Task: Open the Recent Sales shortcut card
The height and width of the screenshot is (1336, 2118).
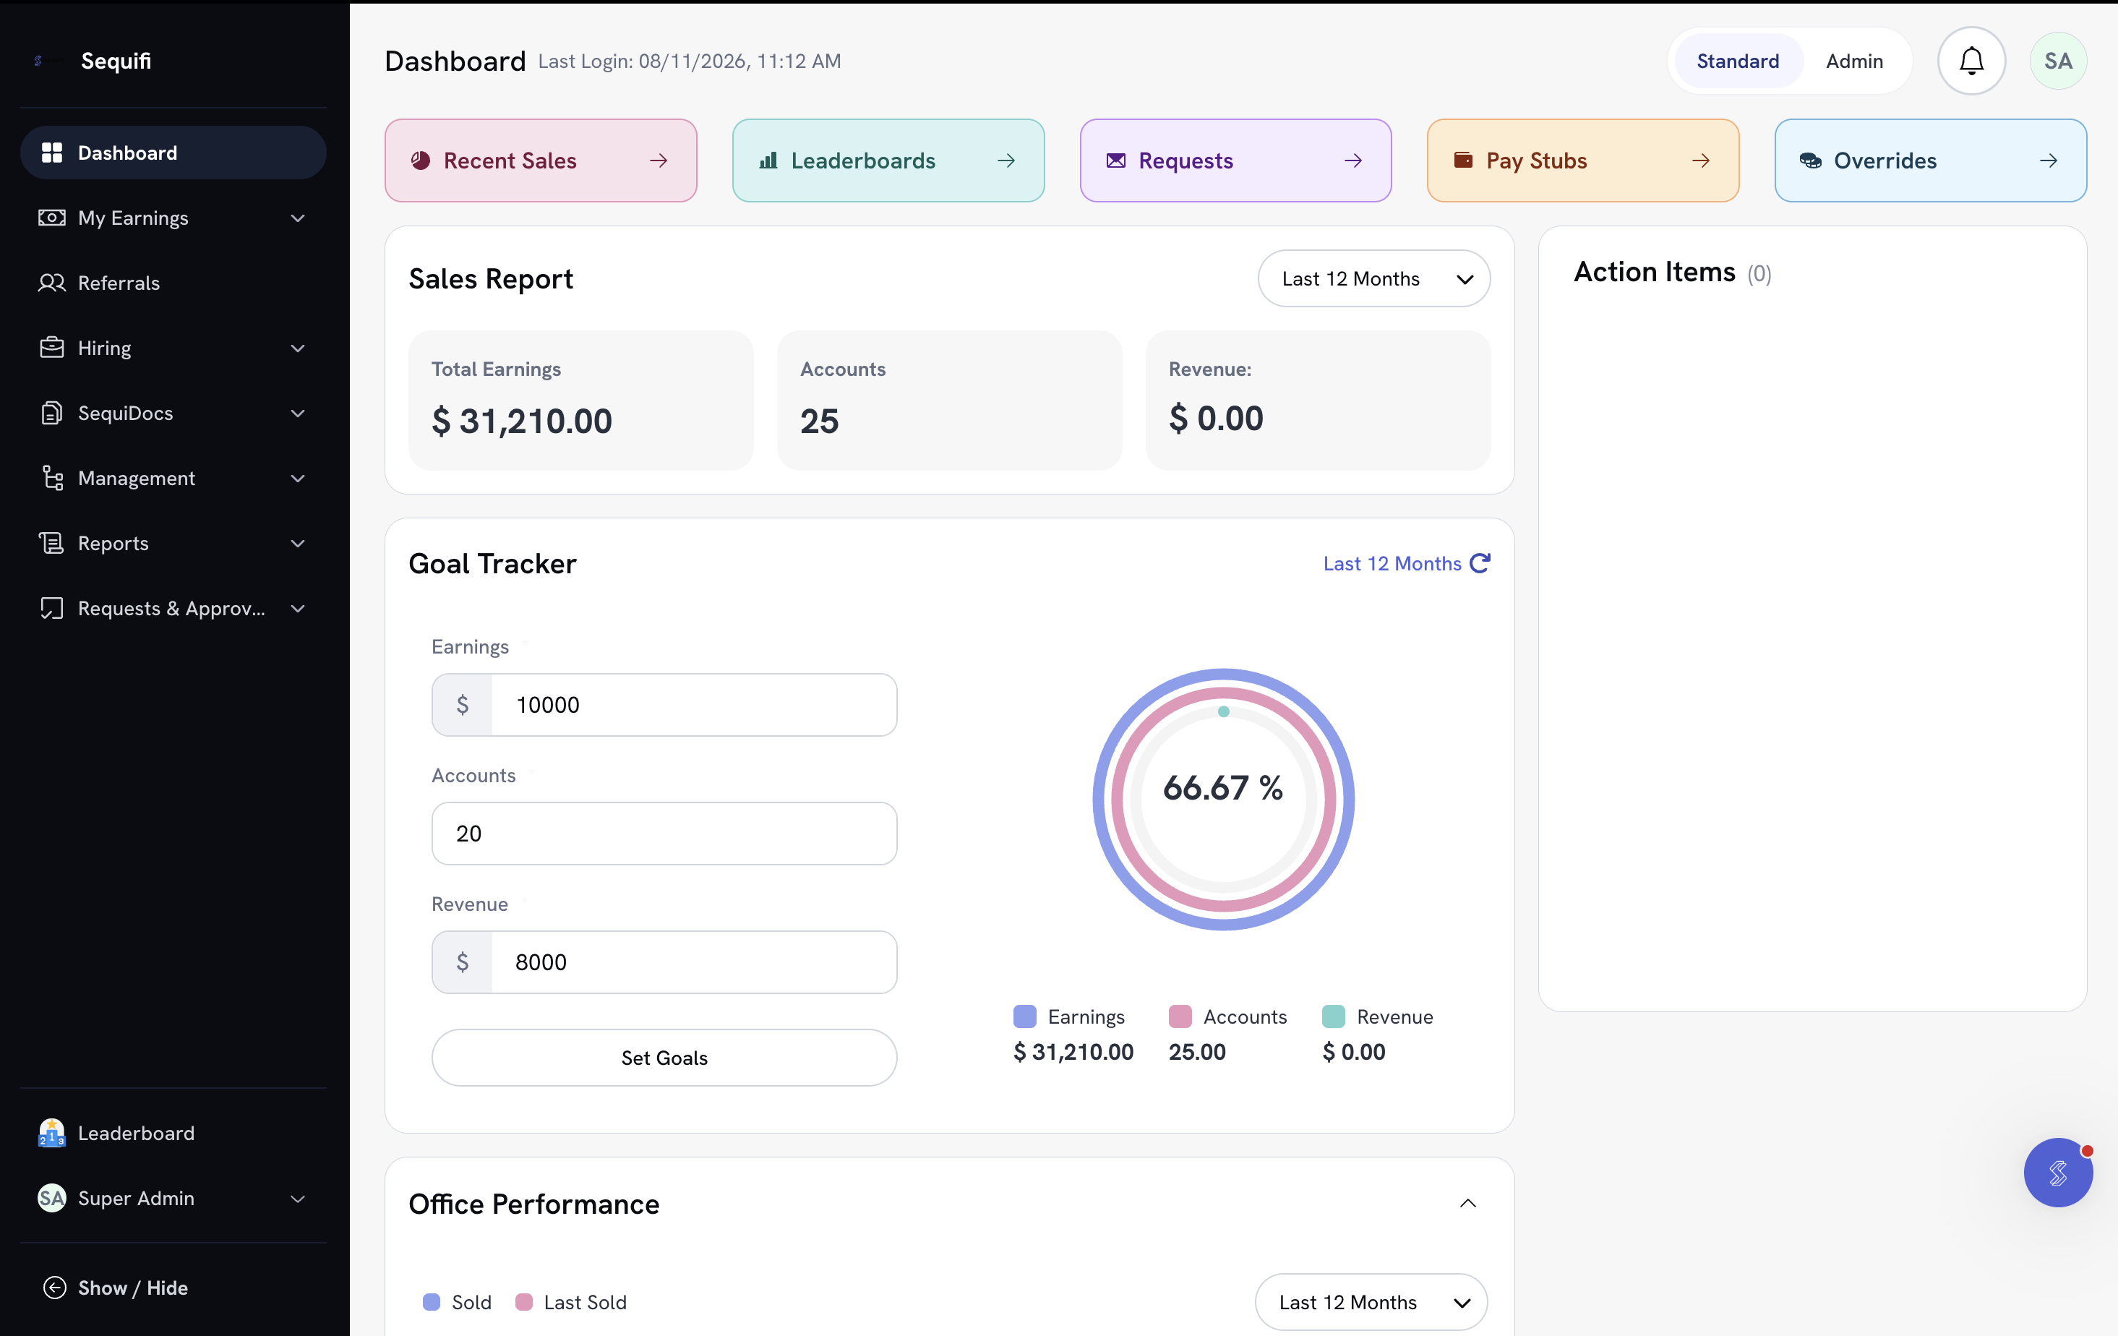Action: point(541,160)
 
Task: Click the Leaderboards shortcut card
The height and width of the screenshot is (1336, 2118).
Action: point(888,160)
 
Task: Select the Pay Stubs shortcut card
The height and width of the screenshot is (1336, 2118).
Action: point(1582,160)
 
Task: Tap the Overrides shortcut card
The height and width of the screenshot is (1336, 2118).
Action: point(1930,160)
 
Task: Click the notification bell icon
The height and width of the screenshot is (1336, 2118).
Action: point(1971,61)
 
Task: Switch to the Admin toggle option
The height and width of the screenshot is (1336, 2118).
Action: point(1854,61)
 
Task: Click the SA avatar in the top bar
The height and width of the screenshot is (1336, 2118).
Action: point(2058,61)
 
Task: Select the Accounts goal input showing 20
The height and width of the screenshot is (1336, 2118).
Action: point(664,833)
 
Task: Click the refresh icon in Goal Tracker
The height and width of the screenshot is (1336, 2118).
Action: point(1480,563)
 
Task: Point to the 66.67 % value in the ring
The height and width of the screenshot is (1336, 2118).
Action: point(1222,788)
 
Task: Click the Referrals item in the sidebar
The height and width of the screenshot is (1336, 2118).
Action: point(119,283)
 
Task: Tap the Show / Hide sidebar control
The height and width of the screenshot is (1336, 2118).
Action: point(115,1288)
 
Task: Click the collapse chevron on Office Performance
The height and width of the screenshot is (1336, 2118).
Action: point(1468,1203)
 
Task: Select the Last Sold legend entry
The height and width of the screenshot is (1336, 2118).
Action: point(571,1302)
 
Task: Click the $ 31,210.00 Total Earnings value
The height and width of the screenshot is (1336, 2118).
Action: point(522,421)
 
